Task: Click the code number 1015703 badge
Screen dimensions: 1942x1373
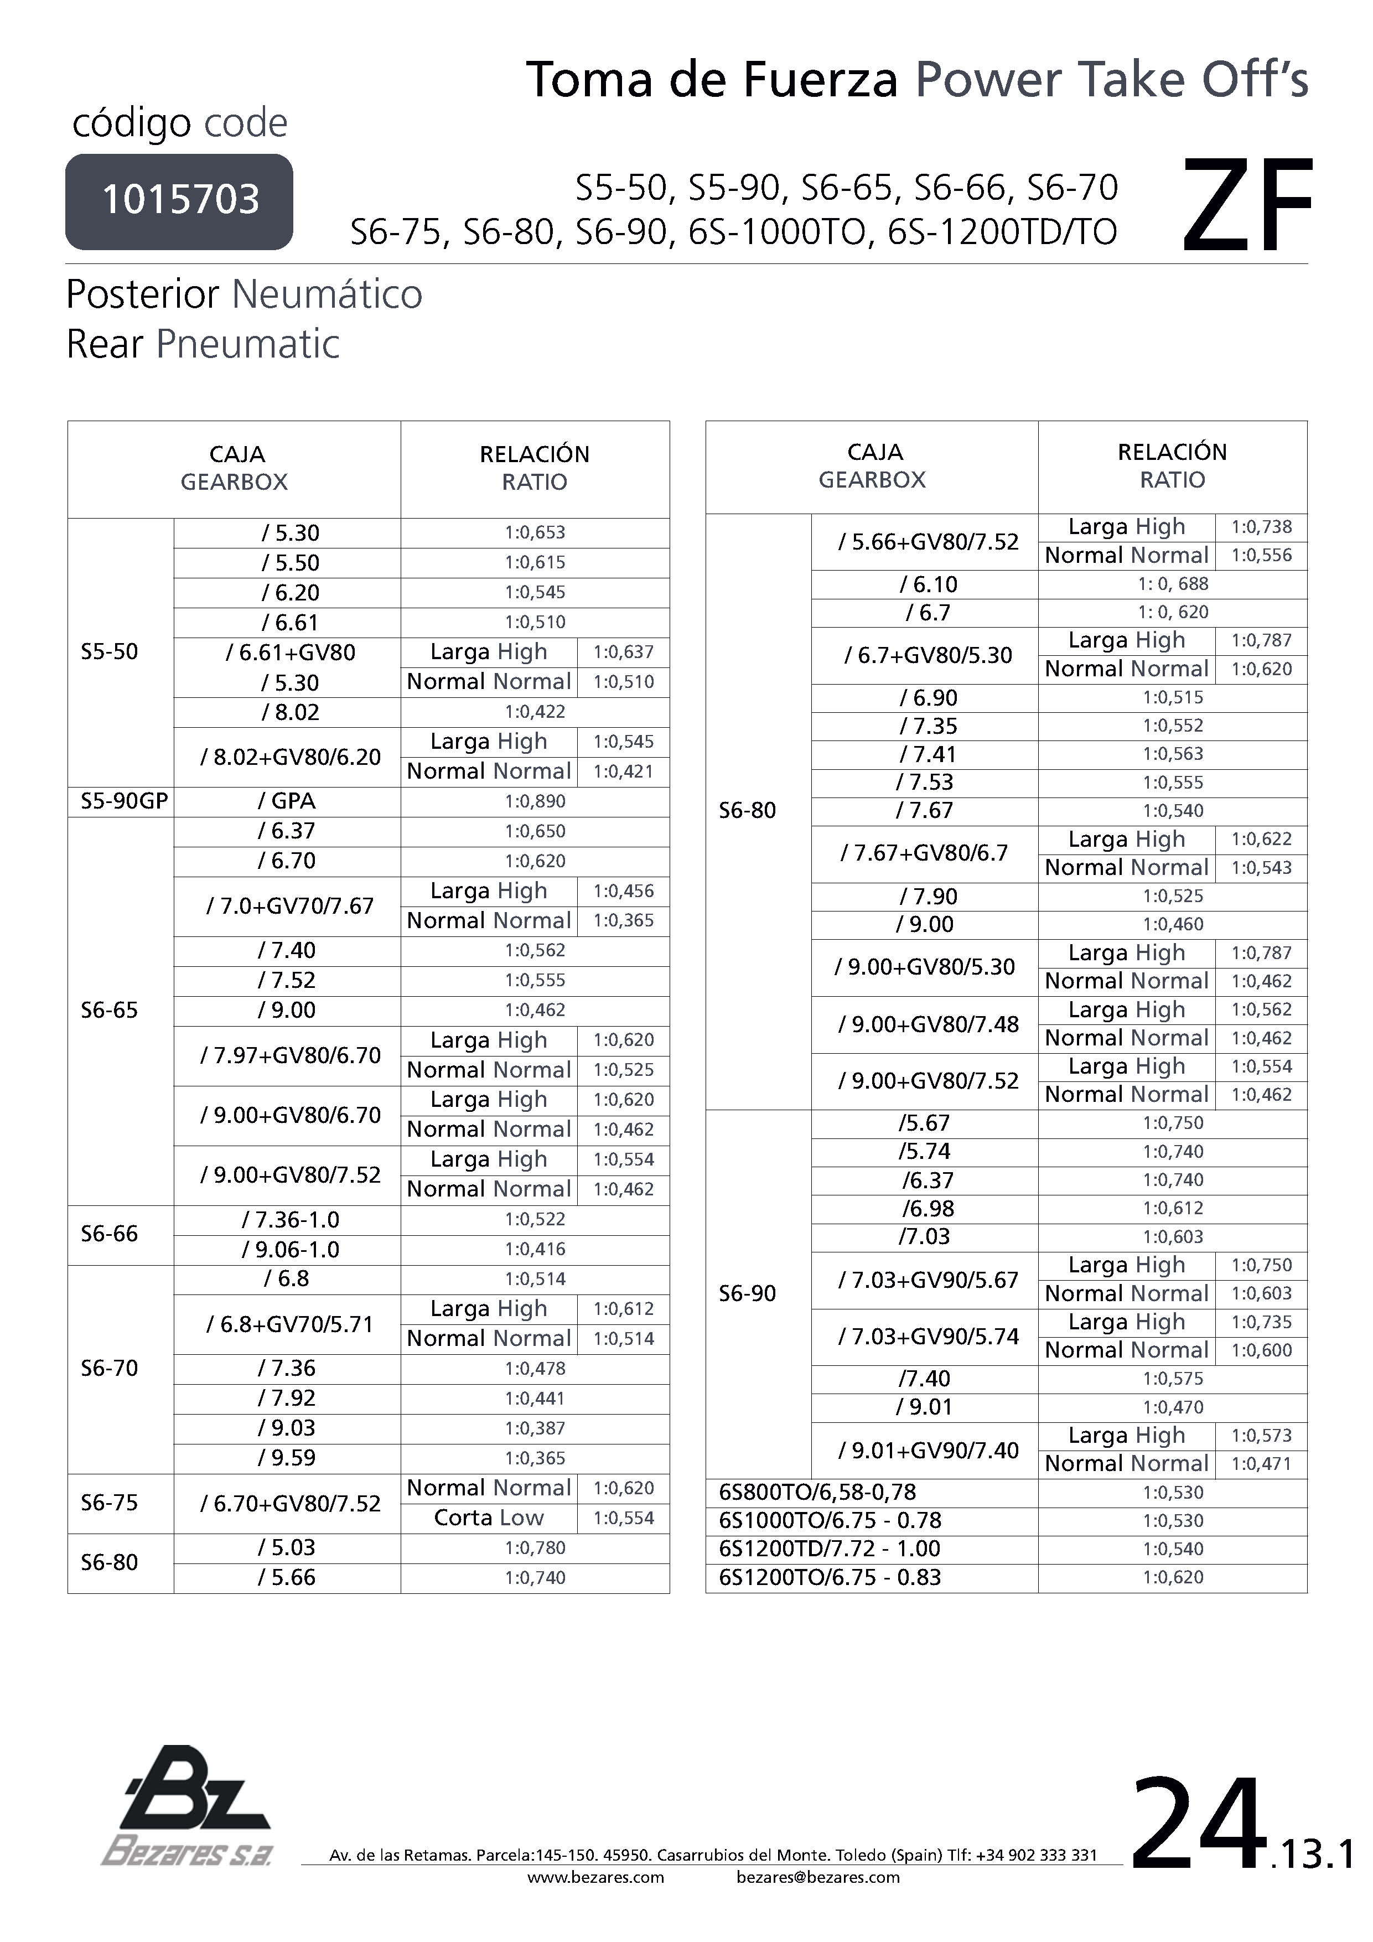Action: point(179,201)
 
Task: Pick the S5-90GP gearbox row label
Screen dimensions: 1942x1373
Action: point(123,801)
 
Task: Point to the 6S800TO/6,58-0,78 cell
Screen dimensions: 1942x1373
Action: point(817,1492)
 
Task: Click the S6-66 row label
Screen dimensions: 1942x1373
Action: point(109,1234)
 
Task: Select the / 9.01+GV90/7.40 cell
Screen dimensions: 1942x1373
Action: point(928,1451)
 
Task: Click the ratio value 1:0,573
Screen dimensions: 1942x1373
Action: point(1261,1436)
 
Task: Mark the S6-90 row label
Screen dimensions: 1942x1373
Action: point(747,1293)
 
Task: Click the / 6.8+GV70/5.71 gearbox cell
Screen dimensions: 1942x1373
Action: point(289,1324)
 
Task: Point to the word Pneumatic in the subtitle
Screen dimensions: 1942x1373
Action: point(248,344)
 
